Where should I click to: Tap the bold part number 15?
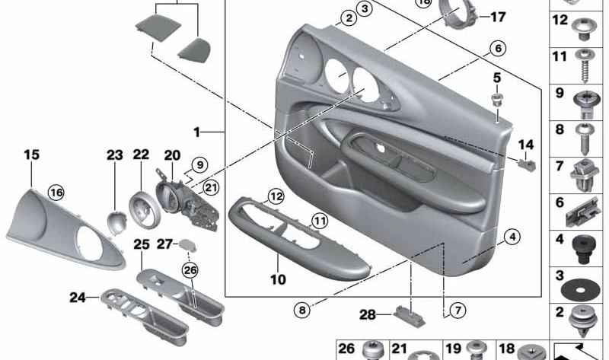[x=31, y=155]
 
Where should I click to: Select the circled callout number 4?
[x=512, y=237]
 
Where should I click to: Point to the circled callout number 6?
[x=497, y=49]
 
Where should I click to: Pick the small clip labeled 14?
[x=524, y=162]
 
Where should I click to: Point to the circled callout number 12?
[x=275, y=196]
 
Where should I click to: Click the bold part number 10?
[x=278, y=279]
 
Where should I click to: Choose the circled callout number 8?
[x=304, y=310]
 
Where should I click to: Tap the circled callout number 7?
[x=456, y=310]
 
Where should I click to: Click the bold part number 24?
[x=78, y=298]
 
